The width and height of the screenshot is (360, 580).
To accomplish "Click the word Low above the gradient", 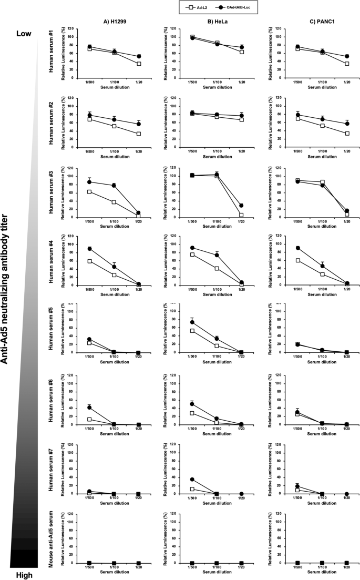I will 23,33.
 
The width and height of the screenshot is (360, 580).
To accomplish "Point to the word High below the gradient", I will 23,575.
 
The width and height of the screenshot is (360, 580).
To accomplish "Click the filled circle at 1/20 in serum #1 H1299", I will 139,56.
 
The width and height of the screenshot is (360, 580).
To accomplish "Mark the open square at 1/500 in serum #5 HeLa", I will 192,331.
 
